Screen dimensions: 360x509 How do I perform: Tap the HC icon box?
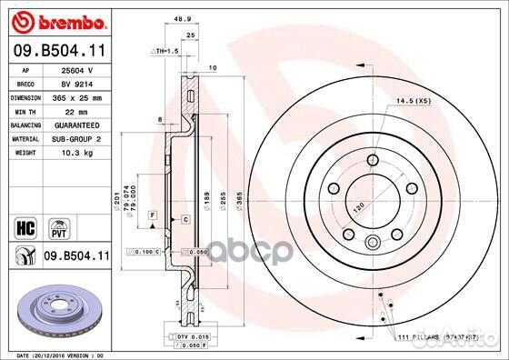[26, 224]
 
